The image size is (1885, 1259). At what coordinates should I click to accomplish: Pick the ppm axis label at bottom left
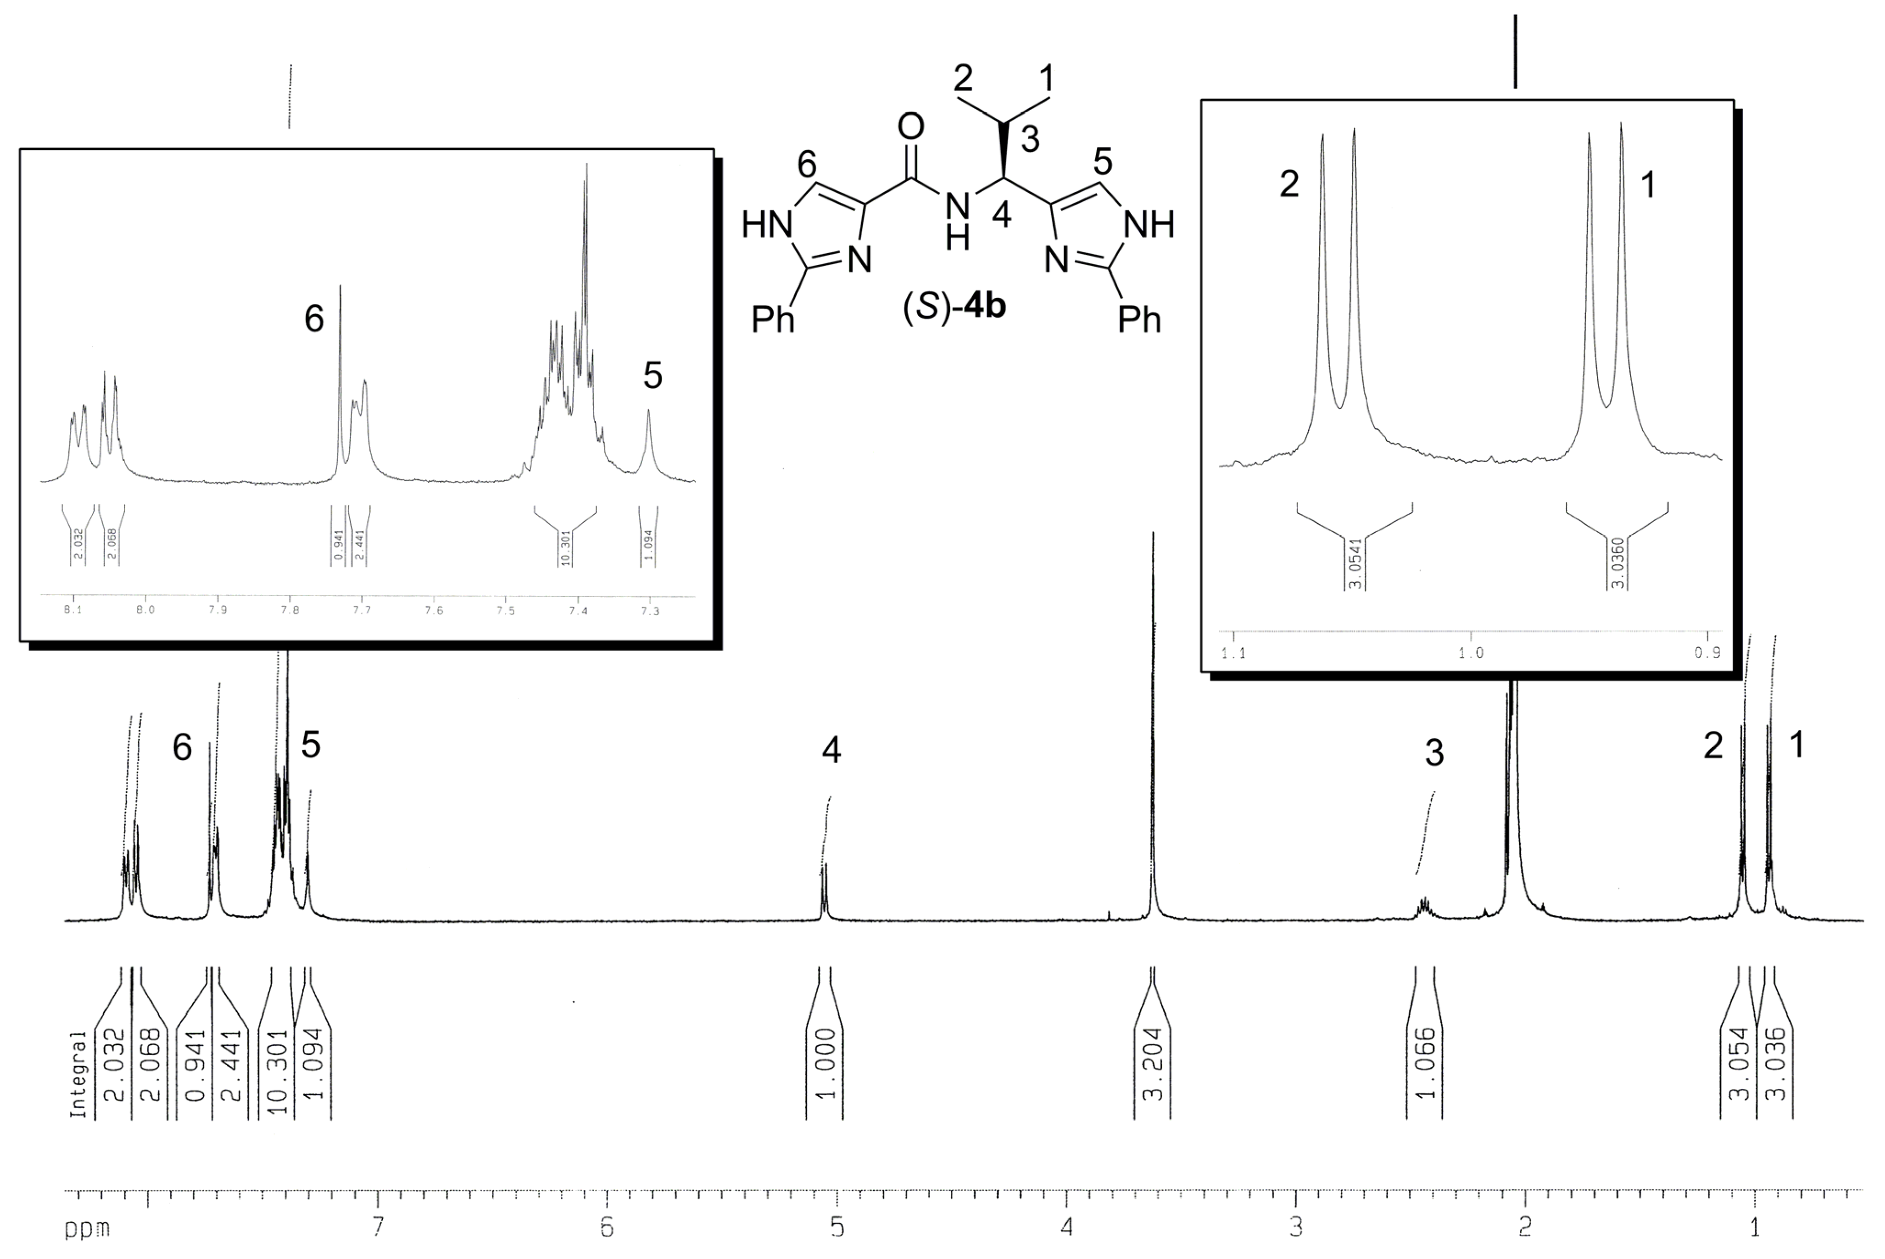(87, 1229)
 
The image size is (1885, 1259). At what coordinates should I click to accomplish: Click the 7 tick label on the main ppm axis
(377, 1226)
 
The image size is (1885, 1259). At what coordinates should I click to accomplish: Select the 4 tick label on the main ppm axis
(1066, 1226)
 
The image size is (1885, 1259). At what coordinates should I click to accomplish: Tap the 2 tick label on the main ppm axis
(1524, 1226)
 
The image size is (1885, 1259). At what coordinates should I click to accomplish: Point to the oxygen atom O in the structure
(910, 127)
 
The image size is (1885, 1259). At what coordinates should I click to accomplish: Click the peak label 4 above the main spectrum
(831, 750)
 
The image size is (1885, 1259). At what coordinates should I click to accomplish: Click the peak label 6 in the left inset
(314, 319)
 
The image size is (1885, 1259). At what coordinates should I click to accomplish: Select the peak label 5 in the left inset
(652, 376)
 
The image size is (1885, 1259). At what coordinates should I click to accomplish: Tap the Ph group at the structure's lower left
(772, 320)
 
